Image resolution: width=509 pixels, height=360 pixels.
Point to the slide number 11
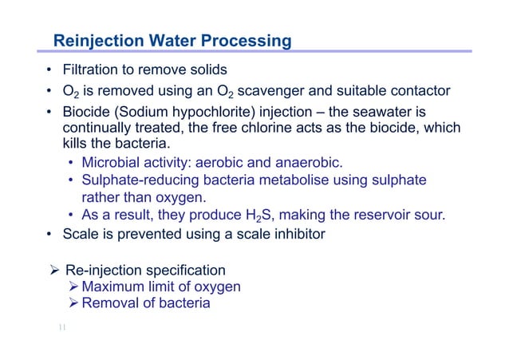(x=62, y=327)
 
